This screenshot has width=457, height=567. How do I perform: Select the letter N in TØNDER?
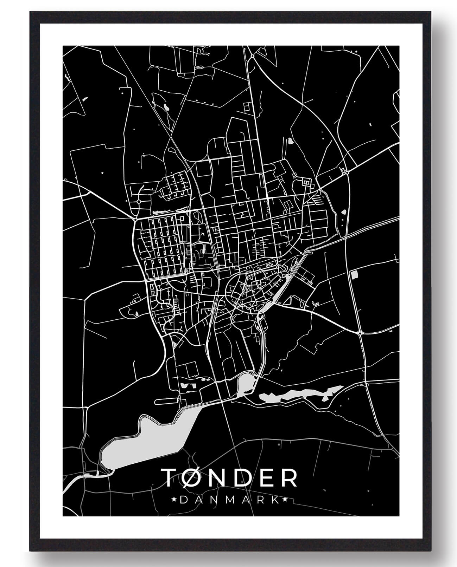point(222,478)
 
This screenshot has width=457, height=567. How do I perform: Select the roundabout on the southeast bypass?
point(360,332)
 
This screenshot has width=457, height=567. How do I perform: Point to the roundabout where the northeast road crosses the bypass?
point(347,172)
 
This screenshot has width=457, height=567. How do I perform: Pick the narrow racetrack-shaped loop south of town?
point(166,400)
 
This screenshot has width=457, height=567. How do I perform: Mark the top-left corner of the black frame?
point(31,13)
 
